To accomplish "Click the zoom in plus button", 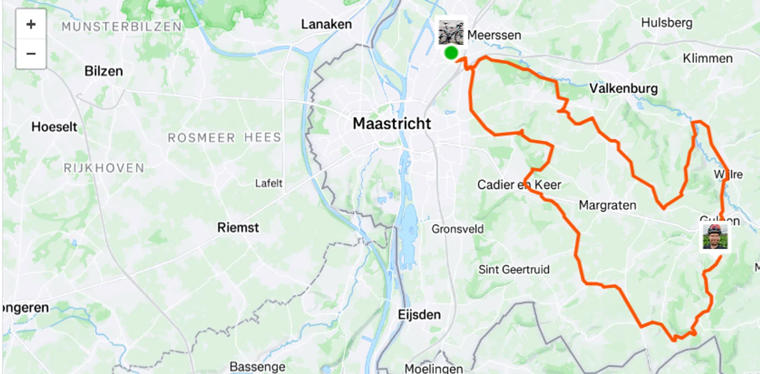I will coord(31,24).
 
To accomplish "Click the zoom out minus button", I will coord(31,54).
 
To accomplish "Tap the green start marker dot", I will coord(451,53).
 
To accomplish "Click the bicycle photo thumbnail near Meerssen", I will coord(451,32).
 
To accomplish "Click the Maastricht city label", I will coord(392,124).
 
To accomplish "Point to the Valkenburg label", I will coord(623,88).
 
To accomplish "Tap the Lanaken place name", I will coord(326,24).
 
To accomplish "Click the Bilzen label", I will coord(104,71).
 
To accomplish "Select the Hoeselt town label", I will coord(54,126).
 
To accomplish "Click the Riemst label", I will coord(238,228).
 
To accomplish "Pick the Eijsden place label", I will coord(419,315).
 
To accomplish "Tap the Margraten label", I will coord(607,205).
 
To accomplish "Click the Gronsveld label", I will coord(457,229).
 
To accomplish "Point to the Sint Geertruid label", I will coord(514,269).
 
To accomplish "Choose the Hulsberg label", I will coord(667,22).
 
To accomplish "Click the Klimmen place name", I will coord(708,58).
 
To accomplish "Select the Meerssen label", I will coord(494,35).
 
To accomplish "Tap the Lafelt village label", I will coord(268,183).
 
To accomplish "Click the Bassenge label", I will coord(257,366).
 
